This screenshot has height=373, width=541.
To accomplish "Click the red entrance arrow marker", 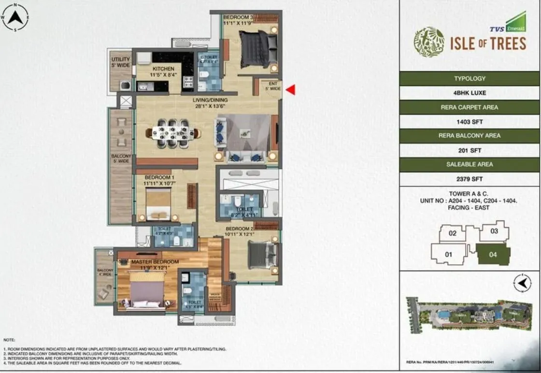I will click(x=290, y=89).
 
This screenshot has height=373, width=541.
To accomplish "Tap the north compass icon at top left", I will click(x=15, y=18).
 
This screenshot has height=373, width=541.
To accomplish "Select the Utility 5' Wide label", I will click(x=120, y=62).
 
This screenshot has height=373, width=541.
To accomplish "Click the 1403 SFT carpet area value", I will click(x=470, y=122).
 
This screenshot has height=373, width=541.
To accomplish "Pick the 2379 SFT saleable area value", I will click(x=470, y=179).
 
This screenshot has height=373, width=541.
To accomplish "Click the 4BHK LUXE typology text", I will click(x=470, y=93).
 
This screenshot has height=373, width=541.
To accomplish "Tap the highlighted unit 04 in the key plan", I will click(x=493, y=255).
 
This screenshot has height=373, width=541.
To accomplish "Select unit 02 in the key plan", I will click(x=453, y=233).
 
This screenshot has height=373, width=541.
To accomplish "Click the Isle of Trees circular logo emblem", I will click(x=428, y=42).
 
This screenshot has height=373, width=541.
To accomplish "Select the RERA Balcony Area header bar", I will click(x=470, y=136).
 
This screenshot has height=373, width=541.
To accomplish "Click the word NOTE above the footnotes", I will click(x=10, y=340).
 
